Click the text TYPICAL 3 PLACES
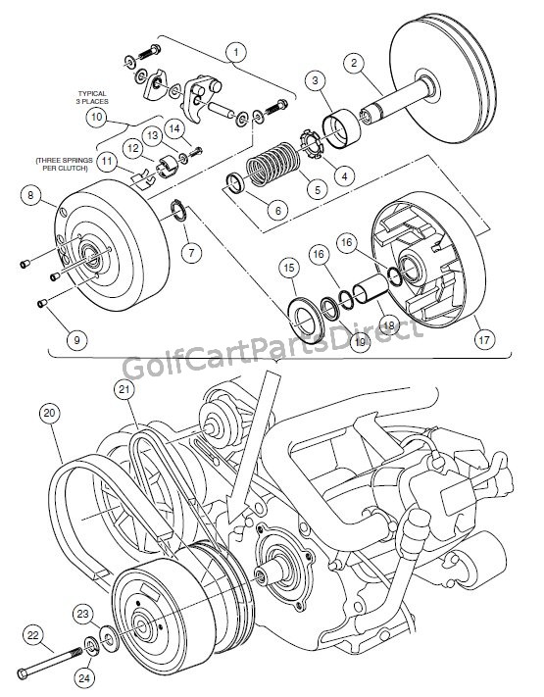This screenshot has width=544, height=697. click(95, 98)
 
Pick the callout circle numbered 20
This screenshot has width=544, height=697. click(50, 413)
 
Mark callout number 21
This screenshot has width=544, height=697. click(122, 390)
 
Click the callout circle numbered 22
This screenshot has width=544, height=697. click(32, 636)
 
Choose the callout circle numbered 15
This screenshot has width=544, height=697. click(288, 268)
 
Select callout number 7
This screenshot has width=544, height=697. click(188, 253)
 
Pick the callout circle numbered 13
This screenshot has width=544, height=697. click(154, 134)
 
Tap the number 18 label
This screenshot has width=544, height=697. click(388, 324)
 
